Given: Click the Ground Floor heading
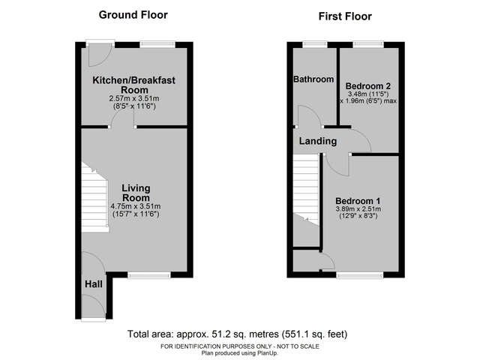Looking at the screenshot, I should (x=133, y=15).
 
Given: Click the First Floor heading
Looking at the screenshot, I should (x=345, y=16).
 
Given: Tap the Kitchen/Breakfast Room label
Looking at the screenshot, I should (x=133, y=84).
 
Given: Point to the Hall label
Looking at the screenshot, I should (x=94, y=285).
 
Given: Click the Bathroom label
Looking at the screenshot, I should (x=312, y=79).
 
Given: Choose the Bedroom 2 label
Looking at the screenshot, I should (x=369, y=85).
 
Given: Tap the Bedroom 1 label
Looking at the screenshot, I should (x=358, y=201).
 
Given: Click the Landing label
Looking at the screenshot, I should (x=318, y=141).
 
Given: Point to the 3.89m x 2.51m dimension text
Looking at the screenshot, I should (x=358, y=209).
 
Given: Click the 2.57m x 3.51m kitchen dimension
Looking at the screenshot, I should (x=133, y=97).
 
